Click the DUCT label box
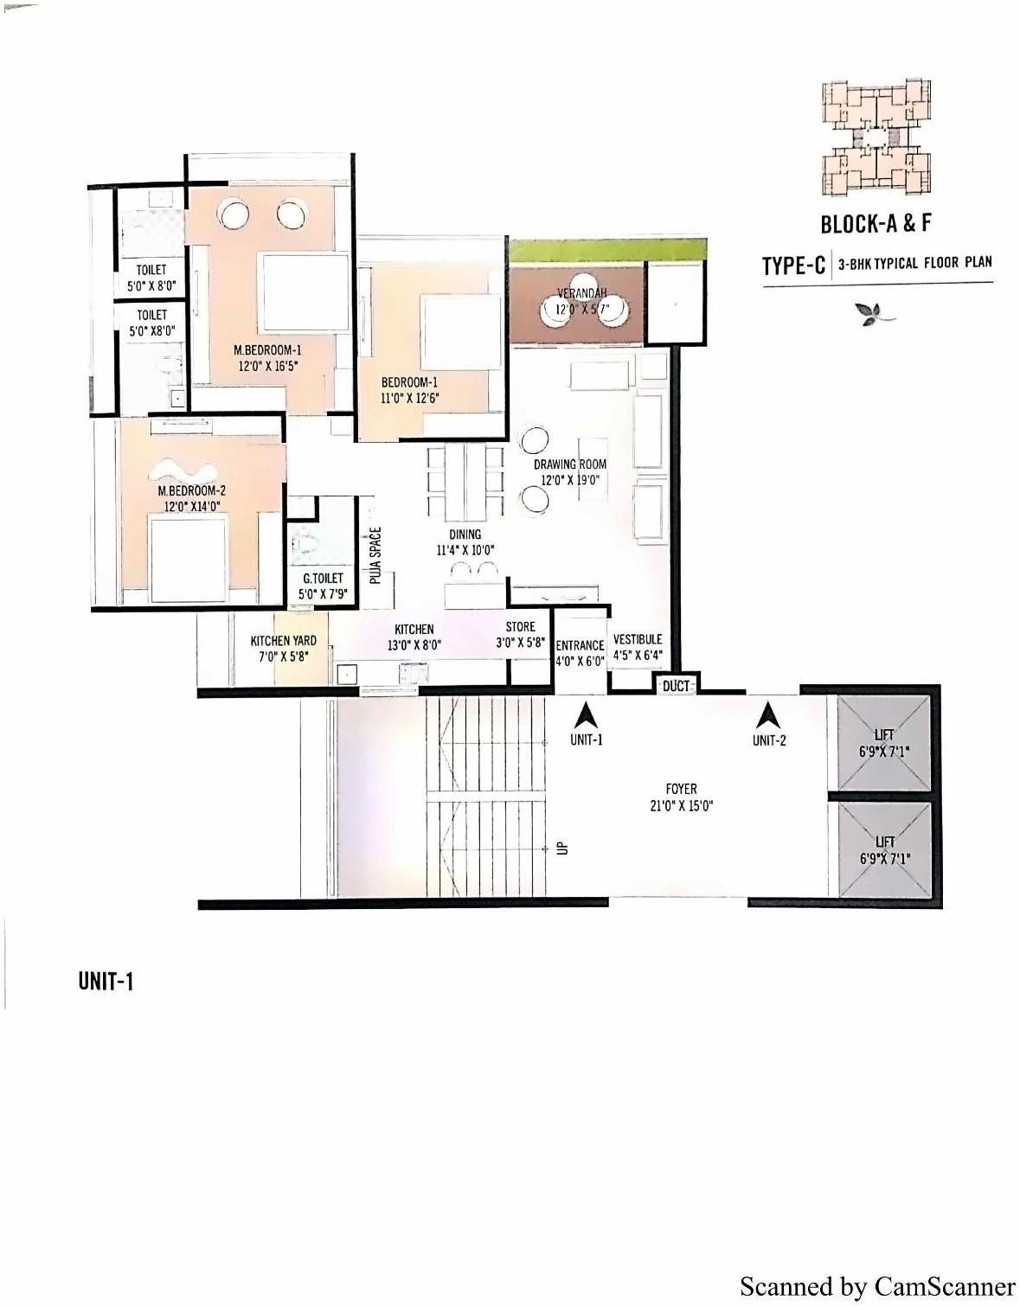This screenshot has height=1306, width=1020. point(677,686)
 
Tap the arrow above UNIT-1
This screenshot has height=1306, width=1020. point(587,715)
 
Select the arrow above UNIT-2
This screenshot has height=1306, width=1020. point(767,715)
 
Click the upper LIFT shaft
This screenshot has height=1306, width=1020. point(884,743)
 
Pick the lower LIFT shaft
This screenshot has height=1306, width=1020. point(884,849)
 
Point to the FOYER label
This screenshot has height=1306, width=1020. point(681,789)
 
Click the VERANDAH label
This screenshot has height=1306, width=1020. point(582,293)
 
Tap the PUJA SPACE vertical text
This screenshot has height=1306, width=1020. point(375,555)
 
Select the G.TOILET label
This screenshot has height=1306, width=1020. point(322,578)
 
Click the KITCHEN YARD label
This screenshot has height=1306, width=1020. point(283,641)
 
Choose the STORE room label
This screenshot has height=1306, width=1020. point(520,626)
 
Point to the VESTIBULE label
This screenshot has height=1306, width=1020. point(638,639)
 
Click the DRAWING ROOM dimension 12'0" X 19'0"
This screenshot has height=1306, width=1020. point(570,480)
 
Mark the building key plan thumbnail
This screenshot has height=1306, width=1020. point(876,138)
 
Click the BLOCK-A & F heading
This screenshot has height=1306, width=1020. point(876,224)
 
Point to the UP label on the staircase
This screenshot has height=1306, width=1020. point(563,848)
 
